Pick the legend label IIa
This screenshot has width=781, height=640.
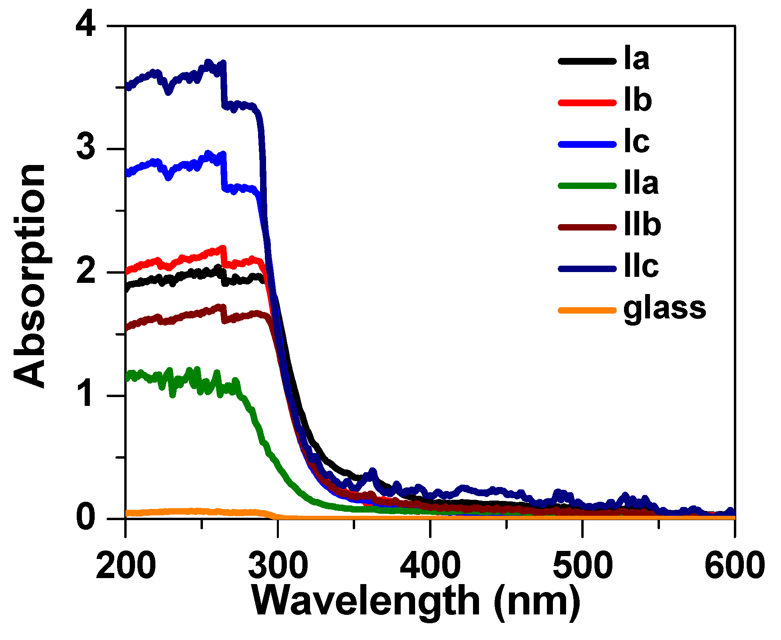click(641, 183)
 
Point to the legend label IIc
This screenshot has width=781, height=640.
click(641, 266)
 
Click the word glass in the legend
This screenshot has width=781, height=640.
click(665, 309)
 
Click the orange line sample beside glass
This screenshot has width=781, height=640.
click(587, 310)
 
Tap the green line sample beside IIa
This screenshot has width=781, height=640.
click(587, 185)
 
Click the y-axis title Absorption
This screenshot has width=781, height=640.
click(30, 276)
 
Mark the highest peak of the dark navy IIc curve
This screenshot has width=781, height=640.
click(208, 62)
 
